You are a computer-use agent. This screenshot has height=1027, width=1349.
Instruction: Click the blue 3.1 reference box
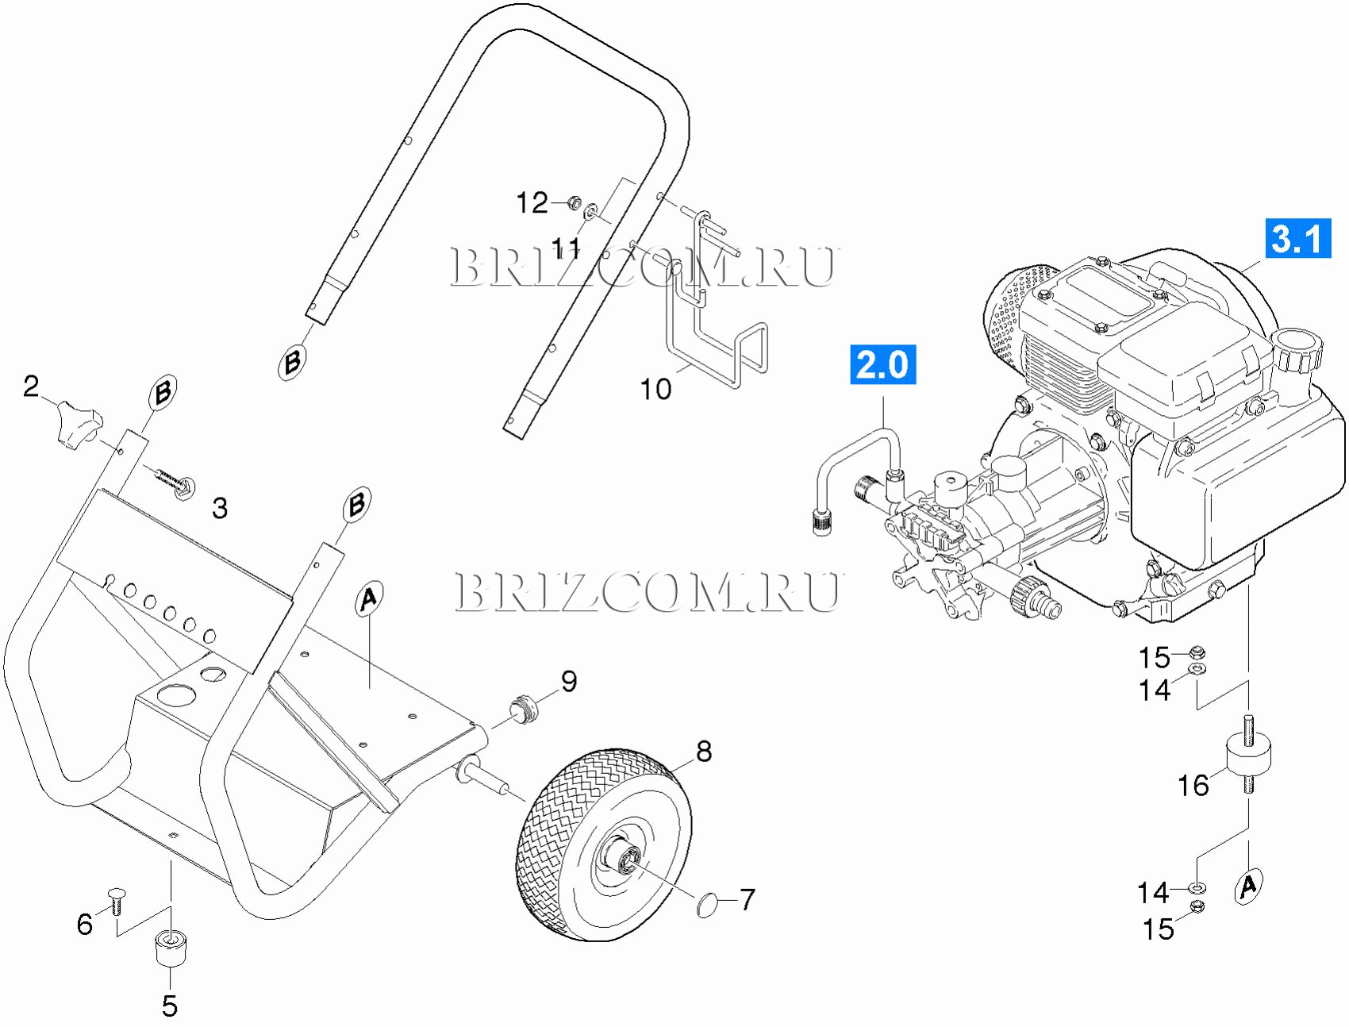click(1297, 238)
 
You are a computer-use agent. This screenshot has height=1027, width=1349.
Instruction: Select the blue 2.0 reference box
click(882, 364)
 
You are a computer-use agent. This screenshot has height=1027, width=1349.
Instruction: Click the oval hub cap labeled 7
click(707, 905)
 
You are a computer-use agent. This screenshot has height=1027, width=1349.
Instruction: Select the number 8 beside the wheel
click(704, 751)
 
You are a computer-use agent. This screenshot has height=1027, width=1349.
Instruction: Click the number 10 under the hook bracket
click(655, 389)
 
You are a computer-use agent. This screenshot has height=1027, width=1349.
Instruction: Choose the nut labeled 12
click(575, 203)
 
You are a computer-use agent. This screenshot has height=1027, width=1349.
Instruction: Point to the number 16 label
click(1193, 785)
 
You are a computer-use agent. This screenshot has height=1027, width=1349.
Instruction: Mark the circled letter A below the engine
click(1249, 884)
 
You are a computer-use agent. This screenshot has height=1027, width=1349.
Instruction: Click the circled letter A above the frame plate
click(368, 598)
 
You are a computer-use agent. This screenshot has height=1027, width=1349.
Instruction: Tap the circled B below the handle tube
click(293, 362)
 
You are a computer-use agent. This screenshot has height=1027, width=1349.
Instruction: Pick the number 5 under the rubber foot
click(170, 1006)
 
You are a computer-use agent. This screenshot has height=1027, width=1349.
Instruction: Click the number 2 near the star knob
click(31, 386)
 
